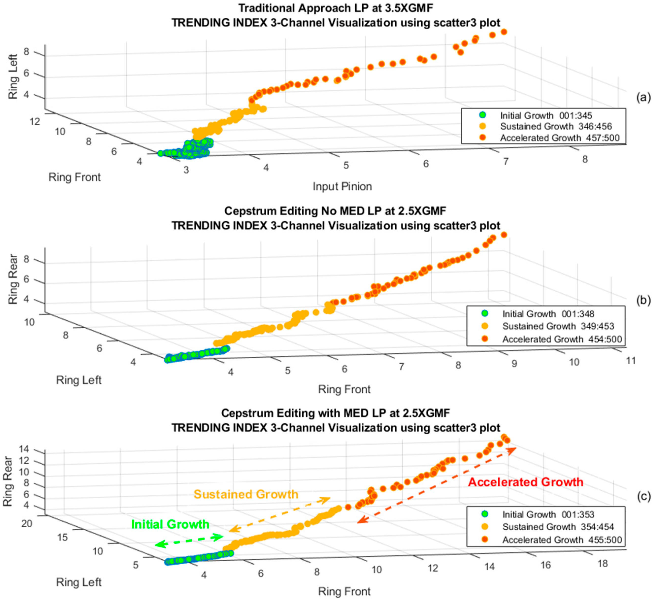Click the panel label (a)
[643, 98]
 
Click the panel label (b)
[643, 300]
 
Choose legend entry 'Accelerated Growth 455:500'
[561, 540]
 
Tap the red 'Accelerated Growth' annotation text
[525, 482]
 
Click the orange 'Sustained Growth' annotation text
[246, 494]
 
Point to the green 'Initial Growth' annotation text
[170, 524]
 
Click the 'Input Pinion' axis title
[342, 186]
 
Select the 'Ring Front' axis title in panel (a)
[74, 177]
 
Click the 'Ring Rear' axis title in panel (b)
[13, 279]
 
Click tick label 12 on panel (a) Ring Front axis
[34, 121]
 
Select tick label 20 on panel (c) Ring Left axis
[27, 523]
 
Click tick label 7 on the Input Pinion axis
[505, 161]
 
